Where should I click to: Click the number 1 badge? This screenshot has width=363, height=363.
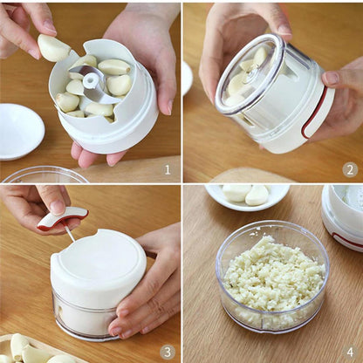click(x=167, y=168)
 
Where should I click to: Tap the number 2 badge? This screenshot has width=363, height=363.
click(x=350, y=169)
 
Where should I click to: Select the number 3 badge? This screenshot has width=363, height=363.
click(x=167, y=352)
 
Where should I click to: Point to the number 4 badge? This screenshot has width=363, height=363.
click(x=350, y=352)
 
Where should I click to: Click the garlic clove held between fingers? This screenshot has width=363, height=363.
click(x=53, y=48)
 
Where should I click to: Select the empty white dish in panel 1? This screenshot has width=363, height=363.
click(x=18, y=131)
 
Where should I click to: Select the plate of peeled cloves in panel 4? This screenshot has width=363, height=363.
click(x=247, y=195)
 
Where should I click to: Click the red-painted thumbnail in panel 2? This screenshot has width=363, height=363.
click(x=332, y=78)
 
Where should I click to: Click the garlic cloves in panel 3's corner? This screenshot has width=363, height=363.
click(x=31, y=350)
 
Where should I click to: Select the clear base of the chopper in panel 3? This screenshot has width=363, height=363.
click(x=83, y=318)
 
